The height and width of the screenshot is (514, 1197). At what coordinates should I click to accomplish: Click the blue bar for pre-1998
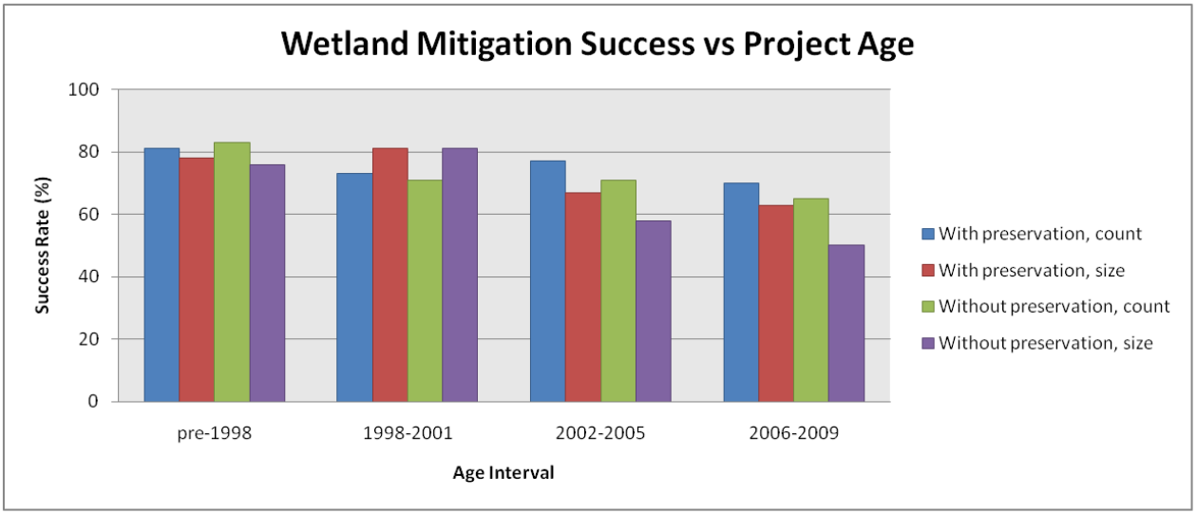point(161,275)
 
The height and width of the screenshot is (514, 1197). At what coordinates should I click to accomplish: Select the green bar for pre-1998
point(232,272)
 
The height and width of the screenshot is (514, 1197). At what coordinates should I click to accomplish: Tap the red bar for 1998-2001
point(390,275)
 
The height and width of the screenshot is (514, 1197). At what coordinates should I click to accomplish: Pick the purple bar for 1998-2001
point(460,275)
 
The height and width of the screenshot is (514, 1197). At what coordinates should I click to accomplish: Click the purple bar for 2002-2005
point(654,311)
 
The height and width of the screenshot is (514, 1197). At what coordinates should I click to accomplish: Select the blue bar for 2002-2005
point(548,281)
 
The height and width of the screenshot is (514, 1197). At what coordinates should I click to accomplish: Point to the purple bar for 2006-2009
point(846,323)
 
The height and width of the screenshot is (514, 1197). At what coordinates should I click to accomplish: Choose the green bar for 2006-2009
point(811,300)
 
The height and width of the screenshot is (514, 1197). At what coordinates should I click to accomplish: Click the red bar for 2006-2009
point(776,303)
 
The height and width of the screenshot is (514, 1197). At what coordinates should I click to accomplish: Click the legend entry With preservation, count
point(1032,234)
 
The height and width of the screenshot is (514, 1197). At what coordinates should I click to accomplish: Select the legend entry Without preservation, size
point(1037,343)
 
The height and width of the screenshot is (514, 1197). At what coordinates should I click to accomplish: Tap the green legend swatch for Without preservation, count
point(927,307)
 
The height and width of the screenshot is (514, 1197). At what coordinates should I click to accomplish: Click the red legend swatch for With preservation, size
point(927,271)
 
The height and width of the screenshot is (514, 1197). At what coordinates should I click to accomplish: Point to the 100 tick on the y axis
point(84,89)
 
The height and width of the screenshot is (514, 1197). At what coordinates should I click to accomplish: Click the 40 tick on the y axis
point(89,276)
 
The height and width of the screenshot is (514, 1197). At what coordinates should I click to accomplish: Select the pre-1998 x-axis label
point(215,433)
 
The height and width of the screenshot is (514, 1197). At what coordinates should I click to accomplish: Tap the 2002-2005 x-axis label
point(600,433)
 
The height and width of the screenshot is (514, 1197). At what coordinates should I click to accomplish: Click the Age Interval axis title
point(503,473)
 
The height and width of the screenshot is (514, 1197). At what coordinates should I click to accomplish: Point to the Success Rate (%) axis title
point(42,245)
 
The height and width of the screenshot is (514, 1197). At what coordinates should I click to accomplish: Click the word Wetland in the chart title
point(345,44)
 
